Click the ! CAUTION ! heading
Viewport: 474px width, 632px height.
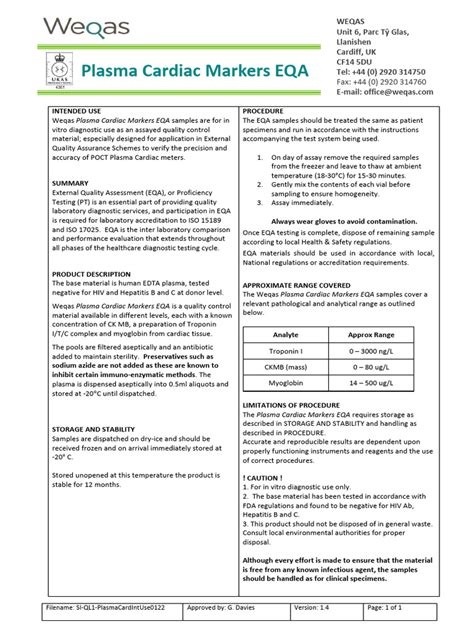[x=265, y=478]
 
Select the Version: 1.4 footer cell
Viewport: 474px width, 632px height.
[x=318, y=608]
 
